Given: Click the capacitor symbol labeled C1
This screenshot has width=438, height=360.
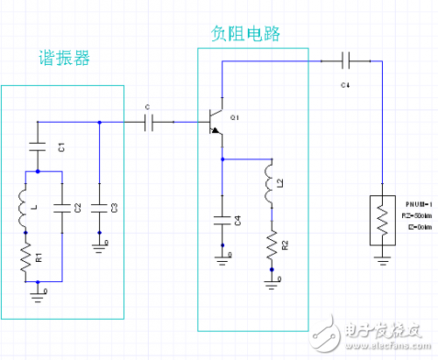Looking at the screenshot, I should click(x=39, y=143).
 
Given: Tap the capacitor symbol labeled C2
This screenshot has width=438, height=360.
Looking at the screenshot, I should click(x=61, y=208).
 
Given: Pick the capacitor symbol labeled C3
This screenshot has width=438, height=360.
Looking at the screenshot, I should click(x=100, y=208).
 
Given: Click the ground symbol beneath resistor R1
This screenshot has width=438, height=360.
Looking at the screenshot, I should click(x=39, y=291).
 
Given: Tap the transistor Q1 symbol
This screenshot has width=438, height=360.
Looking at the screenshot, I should click(x=215, y=123).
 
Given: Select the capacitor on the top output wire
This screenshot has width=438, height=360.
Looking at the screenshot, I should click(x=345, y=60).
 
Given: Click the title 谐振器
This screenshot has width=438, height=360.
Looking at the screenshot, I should click(x=64, y=60).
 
